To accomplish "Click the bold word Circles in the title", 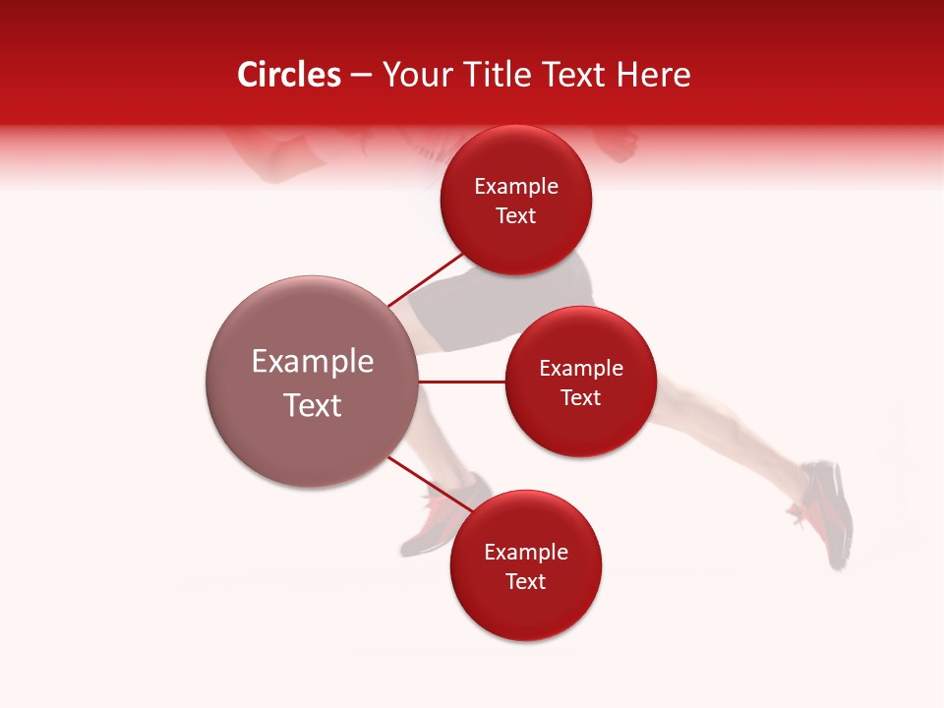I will (x=289, y=75).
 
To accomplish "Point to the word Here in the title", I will (x=656, y=75).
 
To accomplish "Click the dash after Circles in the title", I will (x=361, y=76).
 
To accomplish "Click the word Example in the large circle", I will (x=313, y=362).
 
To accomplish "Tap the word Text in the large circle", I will (x=313, y=405).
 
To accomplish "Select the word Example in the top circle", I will (x=516, y=186).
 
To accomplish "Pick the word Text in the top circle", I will (x=516, y=215).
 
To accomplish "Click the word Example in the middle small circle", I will (x=581, y=368).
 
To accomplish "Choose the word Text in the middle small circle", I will (x=581, y=397).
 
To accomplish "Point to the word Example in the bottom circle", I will (x=526, y=552).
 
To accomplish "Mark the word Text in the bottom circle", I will (x=526, y=581).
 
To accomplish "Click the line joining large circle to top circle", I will (x=425, y=279).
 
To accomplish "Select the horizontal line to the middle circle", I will (x=462, y=382).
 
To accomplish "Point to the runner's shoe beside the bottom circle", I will (x=442, y=521).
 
